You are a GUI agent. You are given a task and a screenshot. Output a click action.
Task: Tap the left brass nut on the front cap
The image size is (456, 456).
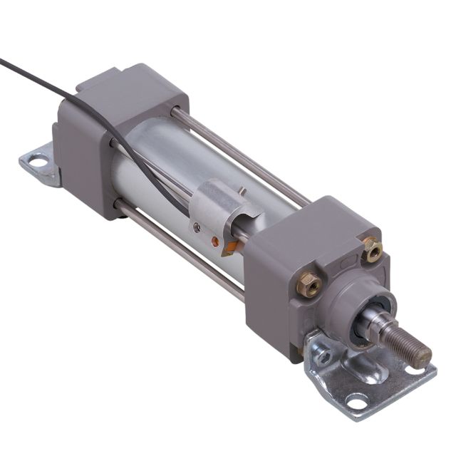point(309,284)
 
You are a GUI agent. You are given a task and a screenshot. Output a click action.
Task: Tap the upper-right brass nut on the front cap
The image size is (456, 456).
point(372,249)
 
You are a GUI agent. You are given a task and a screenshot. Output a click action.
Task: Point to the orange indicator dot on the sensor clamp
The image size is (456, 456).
point(214,242)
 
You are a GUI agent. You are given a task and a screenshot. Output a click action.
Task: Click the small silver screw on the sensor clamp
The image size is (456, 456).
point(197,227)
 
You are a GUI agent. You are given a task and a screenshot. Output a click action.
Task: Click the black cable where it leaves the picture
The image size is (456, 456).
point(4,61)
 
